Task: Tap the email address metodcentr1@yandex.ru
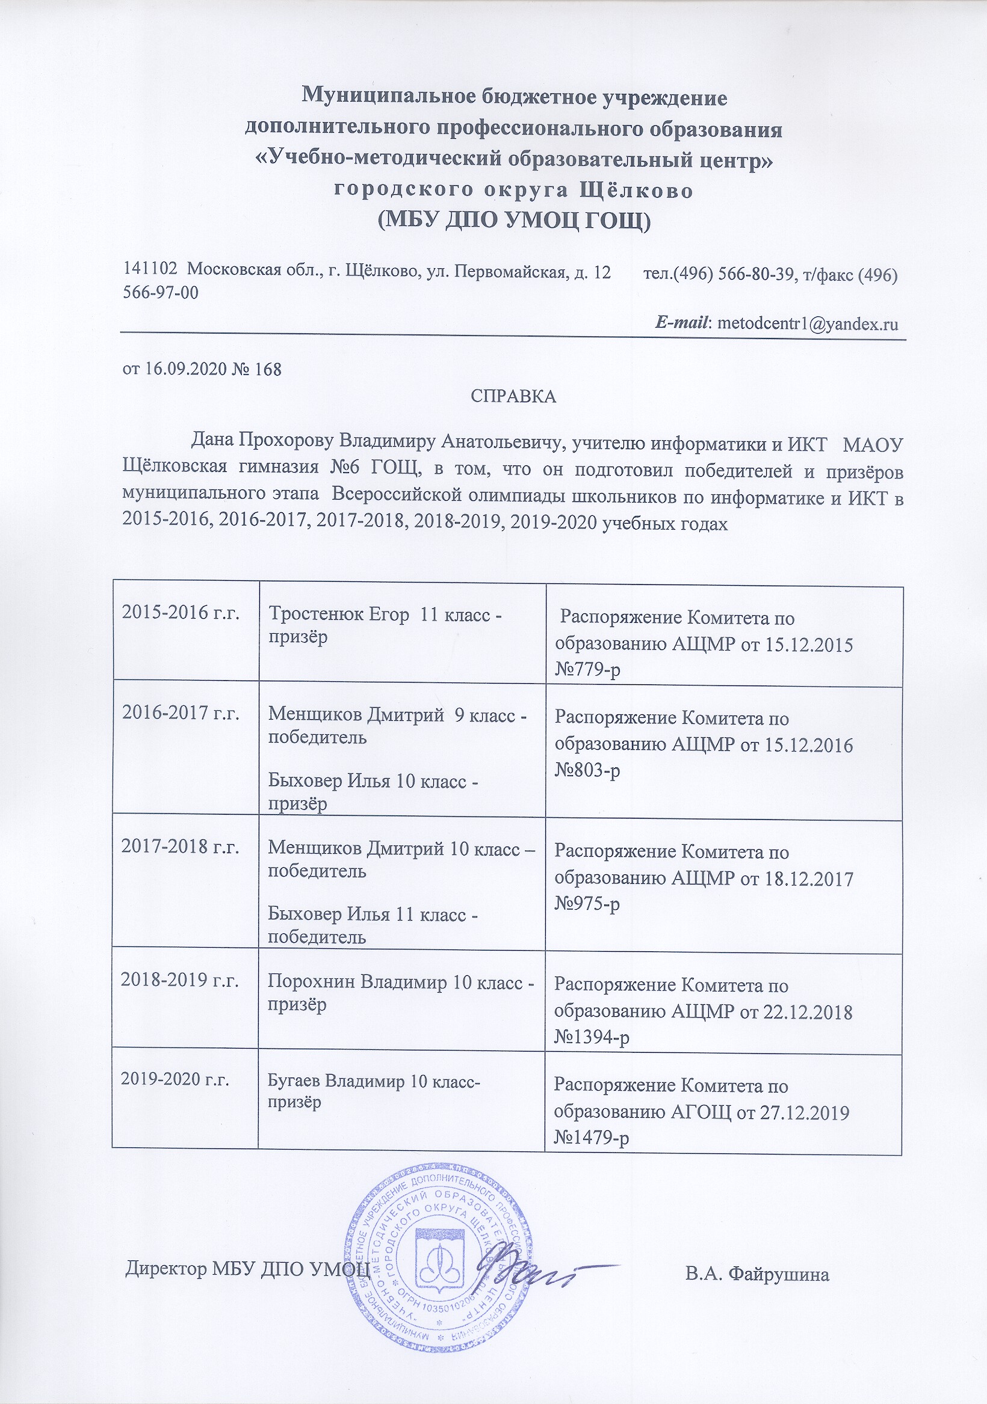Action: pos(807,323)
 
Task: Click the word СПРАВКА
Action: pos(513,397)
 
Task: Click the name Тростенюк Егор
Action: pos(339,615)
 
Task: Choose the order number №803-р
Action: pos(587,770)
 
